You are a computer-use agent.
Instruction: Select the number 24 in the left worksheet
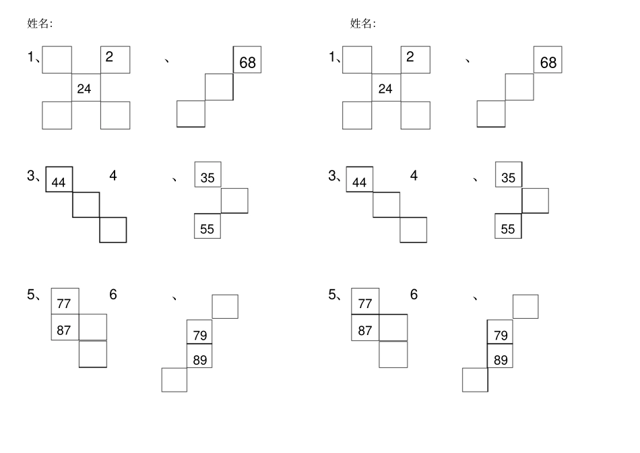tap(84, 88)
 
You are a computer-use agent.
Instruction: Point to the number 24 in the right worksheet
tap(385, 88)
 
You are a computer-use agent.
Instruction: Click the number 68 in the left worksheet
tap(247, 63)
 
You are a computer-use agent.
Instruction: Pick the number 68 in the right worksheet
tap(548, 63)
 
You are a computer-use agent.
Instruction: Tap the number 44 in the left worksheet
tap(59, 182)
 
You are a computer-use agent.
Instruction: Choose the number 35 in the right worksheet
tap(508, 178)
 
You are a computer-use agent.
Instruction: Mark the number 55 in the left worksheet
tap(207, 229)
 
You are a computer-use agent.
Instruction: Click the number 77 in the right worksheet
tap(365, 303)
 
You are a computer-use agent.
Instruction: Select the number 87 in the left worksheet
tap(64, 330)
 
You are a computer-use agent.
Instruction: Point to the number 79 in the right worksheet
tap(501, 335)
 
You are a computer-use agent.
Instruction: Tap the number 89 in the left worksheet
tap(199, 360)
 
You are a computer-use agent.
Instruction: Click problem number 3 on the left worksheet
tap(31, 176)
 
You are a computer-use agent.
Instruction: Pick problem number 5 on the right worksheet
tap(332, 295)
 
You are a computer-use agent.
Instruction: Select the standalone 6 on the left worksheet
tap(113, 295)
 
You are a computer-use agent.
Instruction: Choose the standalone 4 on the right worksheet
tap(414, 176)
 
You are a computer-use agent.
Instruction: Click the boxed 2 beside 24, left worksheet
tap(115, 59)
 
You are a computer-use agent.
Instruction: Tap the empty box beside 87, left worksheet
tap(93, 327)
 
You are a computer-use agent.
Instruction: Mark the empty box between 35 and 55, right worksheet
tap(535, 201)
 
